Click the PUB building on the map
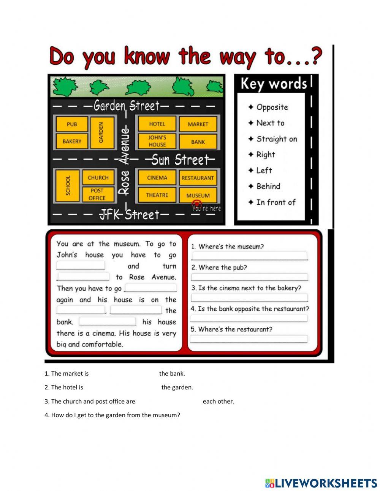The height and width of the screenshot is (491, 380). tap(72, 124)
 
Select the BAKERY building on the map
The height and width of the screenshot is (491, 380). tap(72, 141)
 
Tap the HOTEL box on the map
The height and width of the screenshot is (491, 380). tap(157, 124)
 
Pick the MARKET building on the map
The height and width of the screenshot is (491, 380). tap(198, 124)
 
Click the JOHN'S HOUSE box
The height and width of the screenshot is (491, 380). tap(157, 141)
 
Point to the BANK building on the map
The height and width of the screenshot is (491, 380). tap(198, 142)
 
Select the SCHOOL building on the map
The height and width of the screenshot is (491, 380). tap(68, 186)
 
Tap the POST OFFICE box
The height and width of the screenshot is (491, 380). tap(97, 194)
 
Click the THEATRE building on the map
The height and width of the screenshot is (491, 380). tap(157, 195)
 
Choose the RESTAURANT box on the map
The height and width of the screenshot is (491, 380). tap(198, 178)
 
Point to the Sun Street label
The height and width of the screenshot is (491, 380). tap(180, 159)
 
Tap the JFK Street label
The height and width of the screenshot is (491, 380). tap(129, 215)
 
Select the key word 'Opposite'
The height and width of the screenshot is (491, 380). tap(272, 107)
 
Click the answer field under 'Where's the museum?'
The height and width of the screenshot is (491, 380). tap(249, 256)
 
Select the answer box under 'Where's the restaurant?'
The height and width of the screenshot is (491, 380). tap(249, 339)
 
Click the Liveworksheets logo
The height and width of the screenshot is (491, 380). tap(321, 483)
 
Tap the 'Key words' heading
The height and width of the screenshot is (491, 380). tap(273, 84)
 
